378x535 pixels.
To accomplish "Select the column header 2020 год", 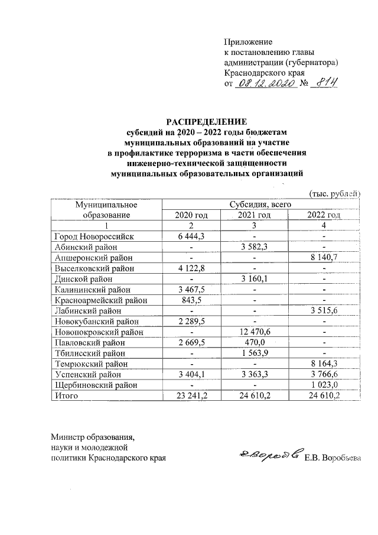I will pyautogui.click(x=191, y=215).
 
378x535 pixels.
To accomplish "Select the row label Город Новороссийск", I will pyautogui.click(x=94, y=236).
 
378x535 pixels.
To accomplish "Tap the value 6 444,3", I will pyautogui.click(x=191, y=236).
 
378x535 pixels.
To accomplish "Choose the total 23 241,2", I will pyautogui.click(x=191, y=396).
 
